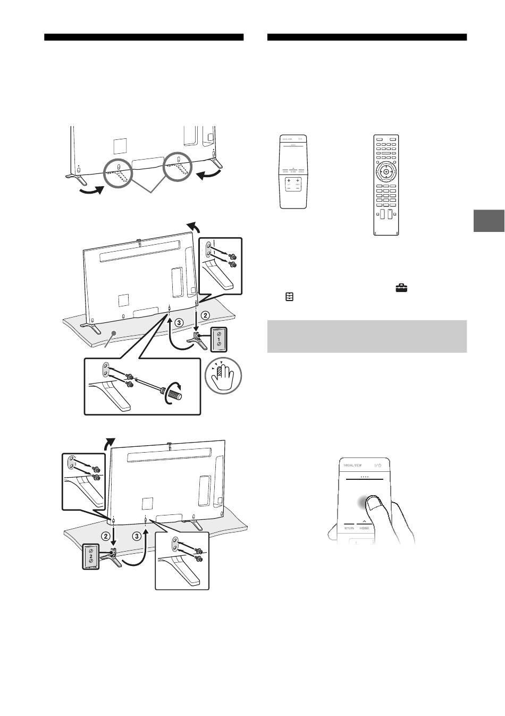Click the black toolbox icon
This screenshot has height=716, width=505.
click(x=401, y=288)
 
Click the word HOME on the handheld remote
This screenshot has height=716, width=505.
click(x=364, y=528)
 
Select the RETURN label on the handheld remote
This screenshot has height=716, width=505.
click(x=348, y=528)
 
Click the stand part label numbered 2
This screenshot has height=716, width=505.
click(x=91, y=555)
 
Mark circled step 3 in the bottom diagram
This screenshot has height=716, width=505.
click(x=138, y=536)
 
